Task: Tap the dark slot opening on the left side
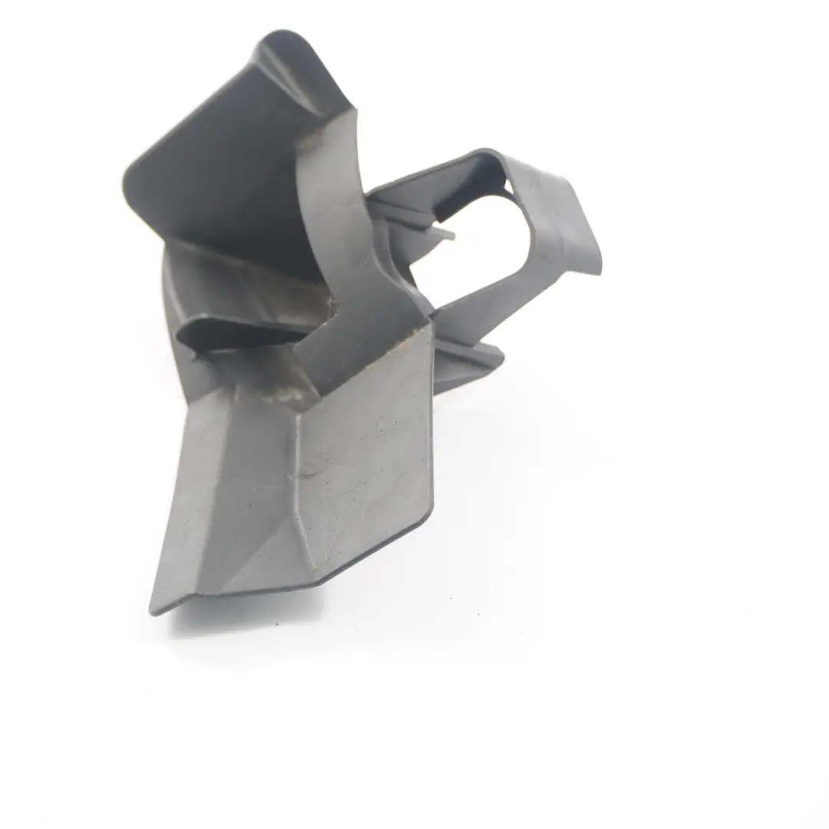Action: [x=230, y=332]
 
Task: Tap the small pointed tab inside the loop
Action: [x=445, y=230]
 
